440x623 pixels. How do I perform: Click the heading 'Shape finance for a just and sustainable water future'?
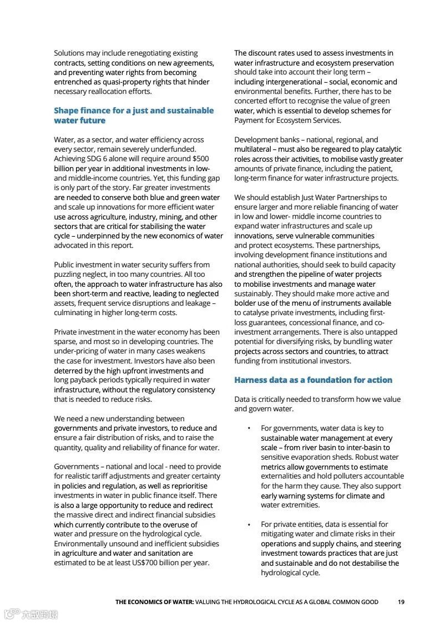point(133,116)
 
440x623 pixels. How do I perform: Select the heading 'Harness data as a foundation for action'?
point(313,380)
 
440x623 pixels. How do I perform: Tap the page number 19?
point(401,602)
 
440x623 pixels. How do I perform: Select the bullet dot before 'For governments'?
point(249,428)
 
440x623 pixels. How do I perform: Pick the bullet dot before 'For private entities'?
point(249,525)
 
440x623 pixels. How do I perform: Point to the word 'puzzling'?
point(69,275)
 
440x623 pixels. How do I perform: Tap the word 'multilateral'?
point(252,149)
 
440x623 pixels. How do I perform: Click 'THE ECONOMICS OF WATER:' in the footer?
point(154,602)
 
